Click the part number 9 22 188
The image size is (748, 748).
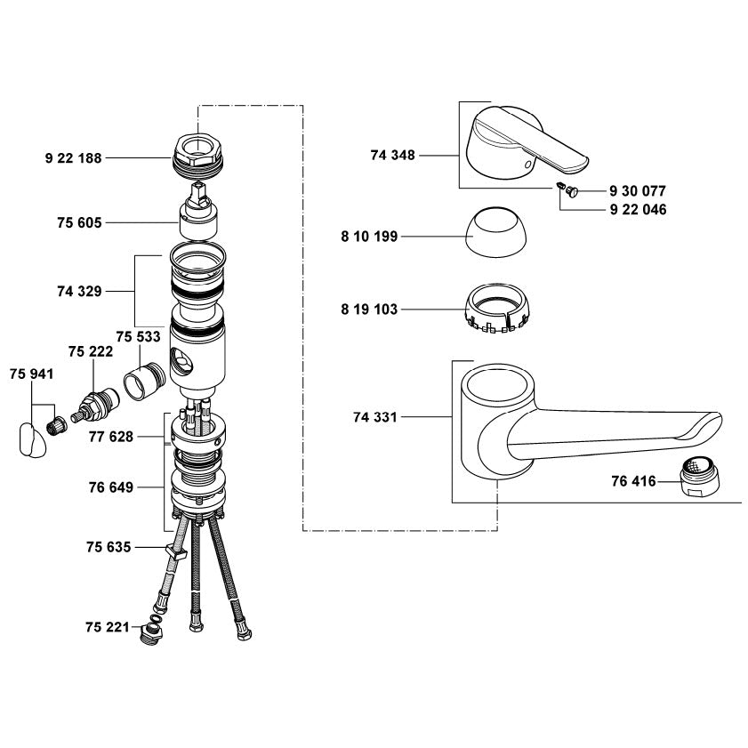(x=74, y=158)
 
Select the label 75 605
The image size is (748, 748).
(x=80, y=222)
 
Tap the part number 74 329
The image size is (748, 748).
(x=80, y=291)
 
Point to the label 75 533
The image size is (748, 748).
(x=139, y=337)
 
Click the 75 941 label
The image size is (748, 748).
(x=31, y=374)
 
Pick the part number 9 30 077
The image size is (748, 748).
(x=638, y=191)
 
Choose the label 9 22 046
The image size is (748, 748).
(x=639, y=209)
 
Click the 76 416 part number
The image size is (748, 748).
(x=634, y=481)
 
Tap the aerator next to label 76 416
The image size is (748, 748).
(x=699, y=476)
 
